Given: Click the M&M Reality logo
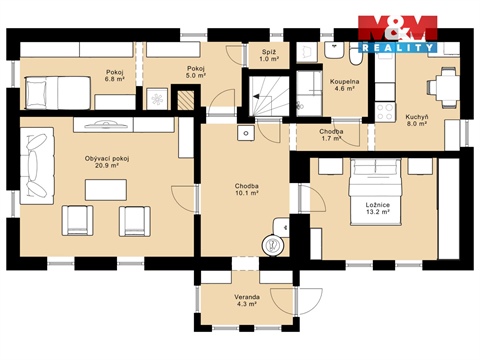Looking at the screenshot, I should click(x=397, y=33).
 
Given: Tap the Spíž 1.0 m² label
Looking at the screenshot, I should click(x=269, y=54).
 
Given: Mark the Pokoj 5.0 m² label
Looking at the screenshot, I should click(x=195, y=72).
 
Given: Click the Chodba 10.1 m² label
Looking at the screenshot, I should click(x=248, y=189).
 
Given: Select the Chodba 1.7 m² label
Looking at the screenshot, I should click(x=332, y=135).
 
